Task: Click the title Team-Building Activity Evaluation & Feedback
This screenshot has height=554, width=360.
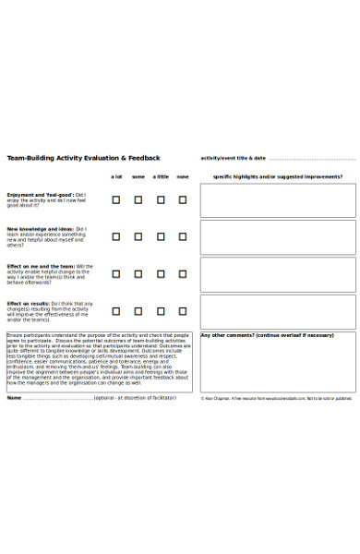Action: pyautogui.click(x=84, y=158)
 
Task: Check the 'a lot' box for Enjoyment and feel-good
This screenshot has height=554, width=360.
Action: pyautogui.click(x=116, y=199)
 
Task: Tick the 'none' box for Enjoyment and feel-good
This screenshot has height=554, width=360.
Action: pyautogui.click(x=183, y=199)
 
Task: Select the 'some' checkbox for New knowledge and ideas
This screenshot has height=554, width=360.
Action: pyautogui.click(x=138, y=236)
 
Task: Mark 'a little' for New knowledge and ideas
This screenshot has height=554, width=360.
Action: pyautogui.click(x=161, y=236)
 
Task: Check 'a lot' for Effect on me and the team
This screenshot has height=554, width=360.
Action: pyautogui.click(x=116, y=274)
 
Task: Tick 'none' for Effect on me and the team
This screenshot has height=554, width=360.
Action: pyautogui.click(x=183, y=274)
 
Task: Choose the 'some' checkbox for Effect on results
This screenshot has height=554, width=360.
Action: pyautogui.click(x=138, y=311)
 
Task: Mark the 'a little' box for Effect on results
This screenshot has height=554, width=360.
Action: pyautogui.click(x=161, y=311)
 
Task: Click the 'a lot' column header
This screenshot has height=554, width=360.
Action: pyautogui.click(x=116, y=176)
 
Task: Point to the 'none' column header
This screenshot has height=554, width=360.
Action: pyautogui.click(x=183, y=176)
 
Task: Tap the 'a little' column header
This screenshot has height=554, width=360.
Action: pyautogui.click(x=161, y=176)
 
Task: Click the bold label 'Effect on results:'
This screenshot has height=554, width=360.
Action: pyautogui.click(x=29, y=303)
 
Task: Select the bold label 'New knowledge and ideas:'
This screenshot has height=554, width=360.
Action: pyautogui.click(x=41, y=229)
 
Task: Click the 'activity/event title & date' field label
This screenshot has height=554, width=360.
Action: pyautogui.click(x=233, y=158)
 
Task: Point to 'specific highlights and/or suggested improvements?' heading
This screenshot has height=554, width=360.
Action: pyautogui.click(x=278, y=176)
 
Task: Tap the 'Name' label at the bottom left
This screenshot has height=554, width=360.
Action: pyautogui.click(x=14, y=398)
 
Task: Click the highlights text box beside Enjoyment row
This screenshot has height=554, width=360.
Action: pyautogui.click(x=278, y=200)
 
